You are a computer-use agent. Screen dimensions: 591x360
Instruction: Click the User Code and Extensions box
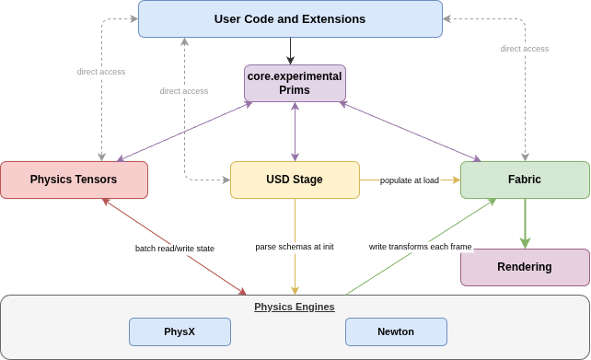(x=290, y=18)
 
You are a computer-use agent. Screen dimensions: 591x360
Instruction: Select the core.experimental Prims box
(x=295, y=83)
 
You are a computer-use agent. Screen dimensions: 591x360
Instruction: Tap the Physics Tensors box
(x=74, y=180)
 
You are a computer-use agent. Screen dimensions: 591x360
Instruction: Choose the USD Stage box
(x=295, y=180)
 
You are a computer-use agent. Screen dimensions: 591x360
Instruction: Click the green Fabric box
(x=525, y=180)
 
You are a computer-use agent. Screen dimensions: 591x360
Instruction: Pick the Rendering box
(x=525, y=267)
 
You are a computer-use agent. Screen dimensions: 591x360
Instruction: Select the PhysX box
(x=180, y=331)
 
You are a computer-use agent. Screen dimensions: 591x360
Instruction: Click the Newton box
(x=396, y=331)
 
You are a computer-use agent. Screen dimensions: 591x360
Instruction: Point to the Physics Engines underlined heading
(x=295, y=307)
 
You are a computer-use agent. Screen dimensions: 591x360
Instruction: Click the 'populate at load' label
(x=410, y=180)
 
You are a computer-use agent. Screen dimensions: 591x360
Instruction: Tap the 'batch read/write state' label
(x=175, y=249)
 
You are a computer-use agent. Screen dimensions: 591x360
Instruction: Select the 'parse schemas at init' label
(x=295, y=247)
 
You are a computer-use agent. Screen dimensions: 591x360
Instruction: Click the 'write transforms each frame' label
(x=421, y=247)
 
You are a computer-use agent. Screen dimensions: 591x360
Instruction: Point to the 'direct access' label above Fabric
(x=525, y=49)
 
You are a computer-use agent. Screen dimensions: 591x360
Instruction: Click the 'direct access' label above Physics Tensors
(x=101, y=72)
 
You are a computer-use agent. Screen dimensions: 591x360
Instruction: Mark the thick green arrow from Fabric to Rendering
(x=525, y=224)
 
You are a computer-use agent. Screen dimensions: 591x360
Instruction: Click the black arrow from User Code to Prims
(x=290, y=52)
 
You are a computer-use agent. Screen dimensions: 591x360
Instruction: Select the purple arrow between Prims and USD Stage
(x=295, y=132)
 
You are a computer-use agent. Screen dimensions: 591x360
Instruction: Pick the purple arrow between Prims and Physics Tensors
(x=185, y=132)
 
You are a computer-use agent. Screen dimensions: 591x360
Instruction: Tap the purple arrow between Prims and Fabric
(x=410, y=132)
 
